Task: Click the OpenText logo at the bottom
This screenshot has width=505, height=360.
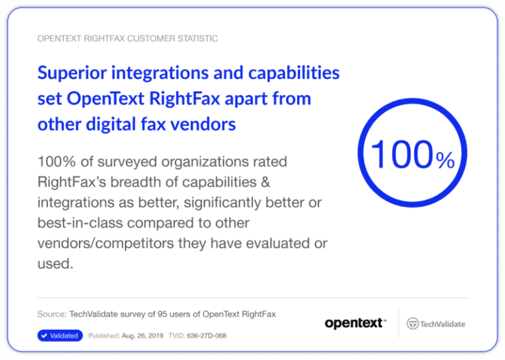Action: coord(355,323)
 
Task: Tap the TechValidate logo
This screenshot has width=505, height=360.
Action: coord(437,323)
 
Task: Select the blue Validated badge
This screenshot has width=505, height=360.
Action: coord(59,336)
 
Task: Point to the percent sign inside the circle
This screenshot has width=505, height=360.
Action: coord(445,162)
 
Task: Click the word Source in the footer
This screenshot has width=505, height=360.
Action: coord(51,314)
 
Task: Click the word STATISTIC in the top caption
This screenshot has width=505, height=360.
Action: coord(195,39)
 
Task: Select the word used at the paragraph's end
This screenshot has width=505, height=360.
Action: coord(54,264)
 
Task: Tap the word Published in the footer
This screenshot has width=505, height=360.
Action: coord(103,336)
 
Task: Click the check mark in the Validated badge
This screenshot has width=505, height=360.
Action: coord(44,336)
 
